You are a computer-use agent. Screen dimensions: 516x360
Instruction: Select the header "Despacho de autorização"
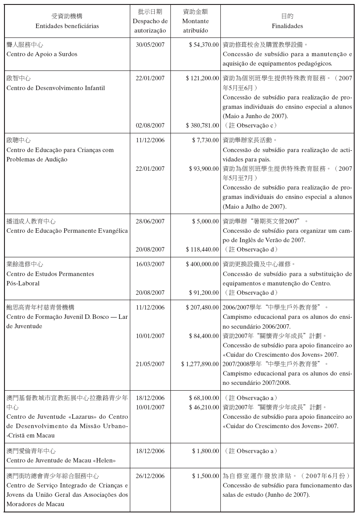pos(150,26)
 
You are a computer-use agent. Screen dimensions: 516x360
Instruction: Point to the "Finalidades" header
pos(287,26)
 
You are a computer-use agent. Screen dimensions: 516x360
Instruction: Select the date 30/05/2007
pos(150,45)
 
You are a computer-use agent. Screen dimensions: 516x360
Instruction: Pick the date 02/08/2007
pos(150,125)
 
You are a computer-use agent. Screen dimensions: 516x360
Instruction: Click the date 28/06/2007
pos(150,221)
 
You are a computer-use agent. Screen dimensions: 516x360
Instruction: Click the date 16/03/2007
pos(150,264)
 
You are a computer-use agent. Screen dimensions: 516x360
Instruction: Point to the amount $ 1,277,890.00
pos(200,364)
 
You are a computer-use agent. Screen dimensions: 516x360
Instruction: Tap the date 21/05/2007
pos(150,364)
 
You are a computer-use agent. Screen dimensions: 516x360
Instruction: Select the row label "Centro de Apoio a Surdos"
pos(41,54)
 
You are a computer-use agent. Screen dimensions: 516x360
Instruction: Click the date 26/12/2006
pos(150,476)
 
